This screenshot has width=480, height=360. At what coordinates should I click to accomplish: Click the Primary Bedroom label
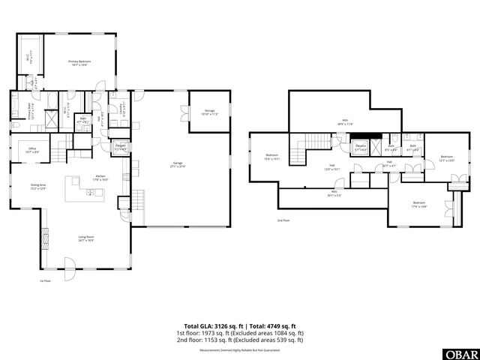click(79, 64)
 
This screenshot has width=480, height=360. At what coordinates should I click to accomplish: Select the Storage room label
click(210, 112)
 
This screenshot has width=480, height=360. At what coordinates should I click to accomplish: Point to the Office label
click(32, 151)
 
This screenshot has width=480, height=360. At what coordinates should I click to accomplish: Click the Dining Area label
click(38, 187)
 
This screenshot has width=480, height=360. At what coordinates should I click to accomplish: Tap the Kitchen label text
click(100, 178)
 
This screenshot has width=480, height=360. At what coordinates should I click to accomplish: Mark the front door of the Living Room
click(69, 265)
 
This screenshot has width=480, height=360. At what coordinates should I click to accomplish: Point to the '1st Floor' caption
click(45, 282)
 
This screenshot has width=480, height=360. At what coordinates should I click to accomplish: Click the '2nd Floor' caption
click(283, 220)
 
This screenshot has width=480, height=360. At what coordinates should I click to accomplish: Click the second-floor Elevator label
click(360, 147)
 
